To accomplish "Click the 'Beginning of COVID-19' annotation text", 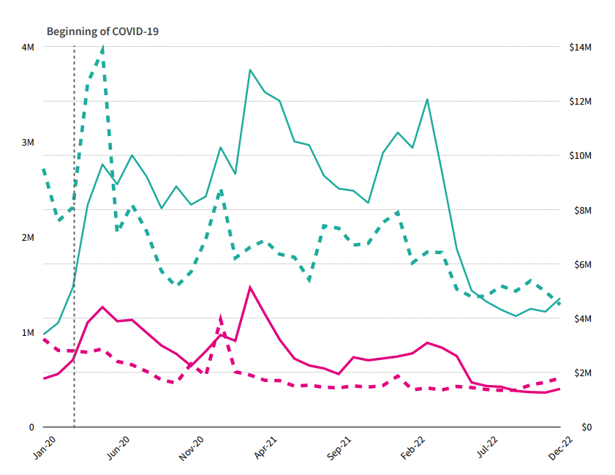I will coord(102,31).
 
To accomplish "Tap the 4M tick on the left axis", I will coord(28,47).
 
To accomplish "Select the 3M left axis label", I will coord(28,142).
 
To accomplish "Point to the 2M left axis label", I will coord(28,237).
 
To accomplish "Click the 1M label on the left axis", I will coord(28,332).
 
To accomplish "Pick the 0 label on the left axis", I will coord(31,427).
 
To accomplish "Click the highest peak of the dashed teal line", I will coord(102,48).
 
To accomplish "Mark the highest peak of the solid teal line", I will coord(250,70).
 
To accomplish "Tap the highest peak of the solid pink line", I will coord(250,287).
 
